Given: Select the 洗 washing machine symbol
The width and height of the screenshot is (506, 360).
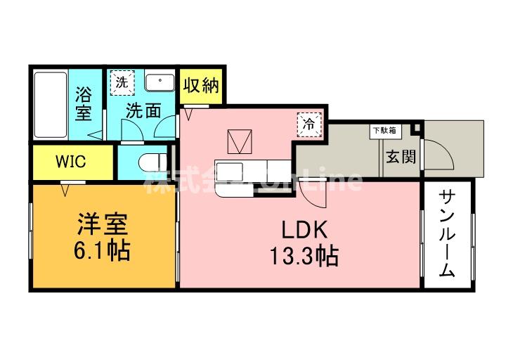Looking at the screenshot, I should [x=122, y=82].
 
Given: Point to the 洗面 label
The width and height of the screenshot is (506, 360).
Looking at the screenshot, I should [x=143, y=111].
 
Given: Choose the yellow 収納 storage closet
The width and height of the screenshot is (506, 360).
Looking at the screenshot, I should [x=201, y=86].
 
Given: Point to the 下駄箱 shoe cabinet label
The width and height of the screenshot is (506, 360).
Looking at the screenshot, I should [x=383, y=130].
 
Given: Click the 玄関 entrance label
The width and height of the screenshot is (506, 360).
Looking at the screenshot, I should [x=400, y=155].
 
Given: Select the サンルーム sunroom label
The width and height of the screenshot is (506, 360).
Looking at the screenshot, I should [x=447, y=233].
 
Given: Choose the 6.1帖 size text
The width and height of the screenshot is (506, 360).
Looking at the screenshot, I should [x=103, y=251].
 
